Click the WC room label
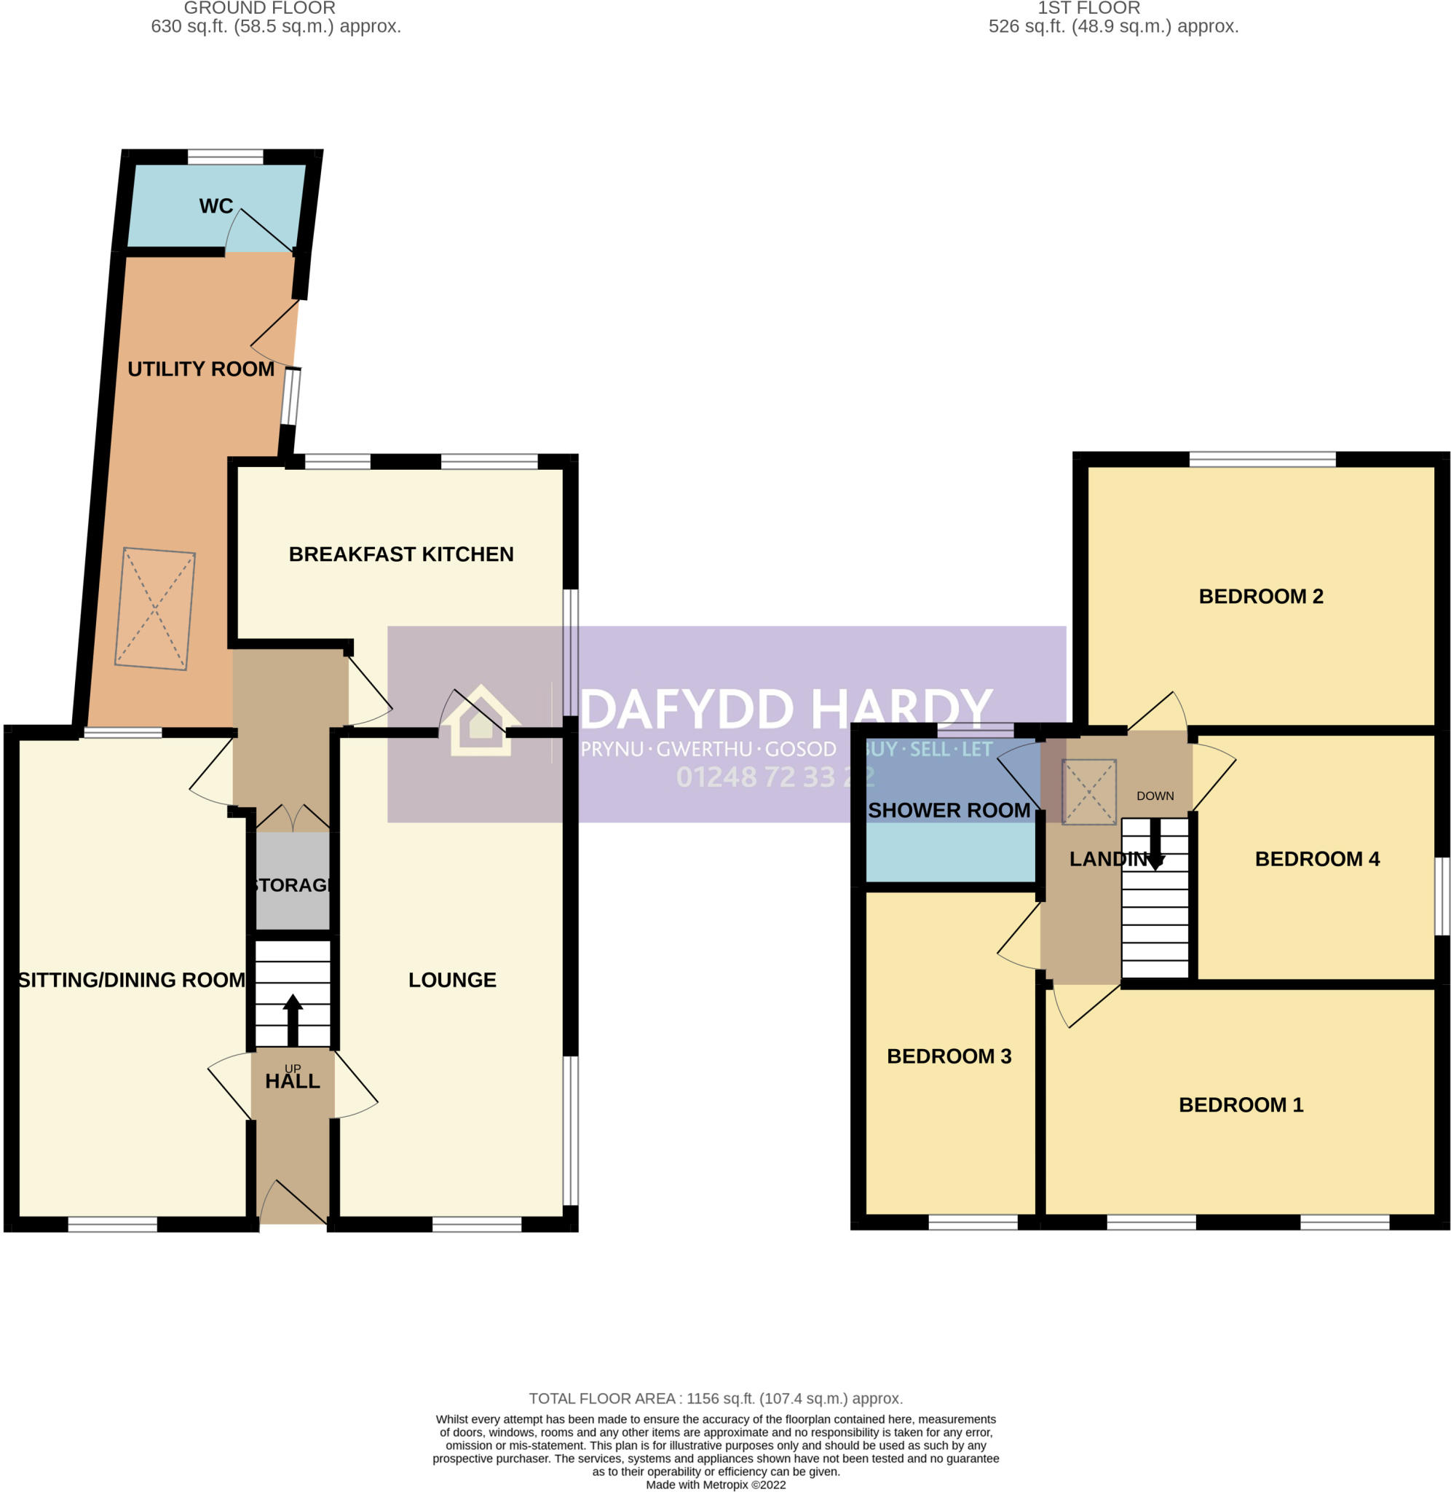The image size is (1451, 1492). pyautogui.click(x=216, y=206)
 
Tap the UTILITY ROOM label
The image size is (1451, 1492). pyautogui.click(x=200, y=369)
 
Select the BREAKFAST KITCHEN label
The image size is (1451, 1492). pyautogui.click(x=401, y=554)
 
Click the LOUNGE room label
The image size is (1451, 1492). pyautogui.click(x=452, y=980)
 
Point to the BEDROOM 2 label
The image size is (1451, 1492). pyautogui.click(x=1260, y=596)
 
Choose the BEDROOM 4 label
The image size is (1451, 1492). pyautogui.click(x=1317, y=859)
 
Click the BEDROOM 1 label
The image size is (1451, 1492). pyautogui.click(x=1241, y=1104)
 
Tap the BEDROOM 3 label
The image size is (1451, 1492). pyautogui.click(x=949, y=1056)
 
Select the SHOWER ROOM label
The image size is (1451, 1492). pyautogui.click(x=949, y=810)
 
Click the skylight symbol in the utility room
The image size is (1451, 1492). pyautogui.click(x=154, y=609)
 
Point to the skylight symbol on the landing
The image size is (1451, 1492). pyautogui.click(x=1088, y=791)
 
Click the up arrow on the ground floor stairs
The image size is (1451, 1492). pyautogui.click(x=293, y=1019)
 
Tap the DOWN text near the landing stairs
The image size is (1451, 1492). pyautogui.click(x=1155, y=796)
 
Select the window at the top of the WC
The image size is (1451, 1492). pyautogui.click(x=225, y=157)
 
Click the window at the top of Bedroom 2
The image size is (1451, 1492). pyautogui.click(x=1262, y=459)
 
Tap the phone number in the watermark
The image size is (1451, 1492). pyautogui.click(x=774, y=777)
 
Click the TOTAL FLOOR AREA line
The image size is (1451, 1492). pyautogui.click(x=716, y=1398)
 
